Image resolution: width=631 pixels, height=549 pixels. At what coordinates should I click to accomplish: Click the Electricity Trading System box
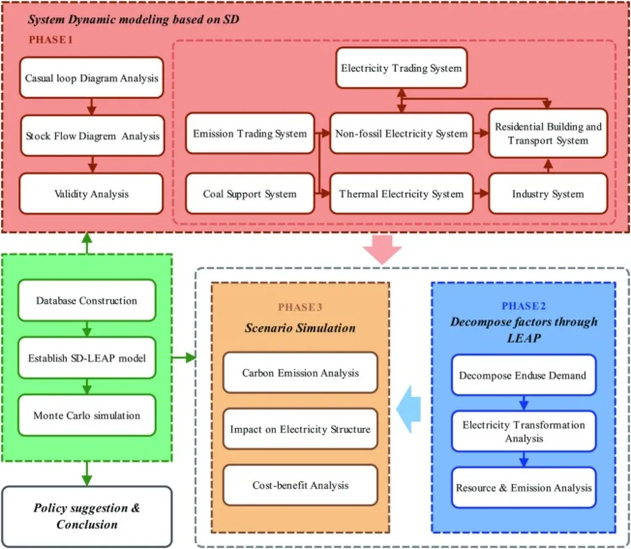point(401,68)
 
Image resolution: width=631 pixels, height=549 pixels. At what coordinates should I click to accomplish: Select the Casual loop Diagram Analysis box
point(91,77)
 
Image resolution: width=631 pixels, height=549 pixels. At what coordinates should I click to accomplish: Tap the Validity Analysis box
point(91,194)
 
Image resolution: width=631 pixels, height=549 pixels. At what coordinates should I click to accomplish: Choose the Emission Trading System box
point(250,133)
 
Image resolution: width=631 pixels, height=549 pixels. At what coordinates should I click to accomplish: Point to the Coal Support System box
point(250,194)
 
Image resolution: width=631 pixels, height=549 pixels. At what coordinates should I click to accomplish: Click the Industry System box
point(548,194)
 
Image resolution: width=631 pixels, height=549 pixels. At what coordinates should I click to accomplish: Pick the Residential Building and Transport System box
point(548,133)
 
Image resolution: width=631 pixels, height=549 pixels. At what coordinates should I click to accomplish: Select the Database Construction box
point(86,300)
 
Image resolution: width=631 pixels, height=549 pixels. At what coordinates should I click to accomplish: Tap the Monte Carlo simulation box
point(86,415)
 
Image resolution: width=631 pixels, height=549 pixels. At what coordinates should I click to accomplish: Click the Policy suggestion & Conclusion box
point(86,516)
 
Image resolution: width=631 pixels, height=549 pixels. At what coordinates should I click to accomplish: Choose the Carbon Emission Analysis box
point(300,373)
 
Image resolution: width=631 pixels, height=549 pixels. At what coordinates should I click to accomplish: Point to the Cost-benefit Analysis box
point(300,485)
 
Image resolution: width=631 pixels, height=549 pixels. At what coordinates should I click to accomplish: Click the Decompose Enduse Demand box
point(523,375)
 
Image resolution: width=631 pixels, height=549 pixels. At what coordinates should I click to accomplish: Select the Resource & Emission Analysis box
point(523,487)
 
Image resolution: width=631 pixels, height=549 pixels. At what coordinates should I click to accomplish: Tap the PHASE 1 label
point(51,39)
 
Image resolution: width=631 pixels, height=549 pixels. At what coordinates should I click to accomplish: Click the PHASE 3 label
point(300,307)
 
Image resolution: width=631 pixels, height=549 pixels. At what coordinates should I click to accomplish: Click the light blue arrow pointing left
point(409,409)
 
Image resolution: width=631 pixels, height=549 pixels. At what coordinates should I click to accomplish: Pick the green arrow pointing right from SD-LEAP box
point(184,357)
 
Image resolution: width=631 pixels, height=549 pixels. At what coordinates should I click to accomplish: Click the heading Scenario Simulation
point(300,328)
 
